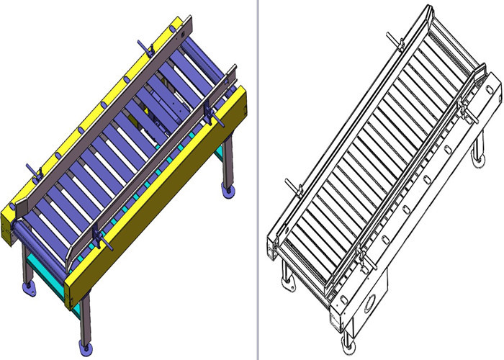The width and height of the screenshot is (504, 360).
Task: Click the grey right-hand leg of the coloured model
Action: (227, 162)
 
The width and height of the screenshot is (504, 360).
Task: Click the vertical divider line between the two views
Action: (257, 180)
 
